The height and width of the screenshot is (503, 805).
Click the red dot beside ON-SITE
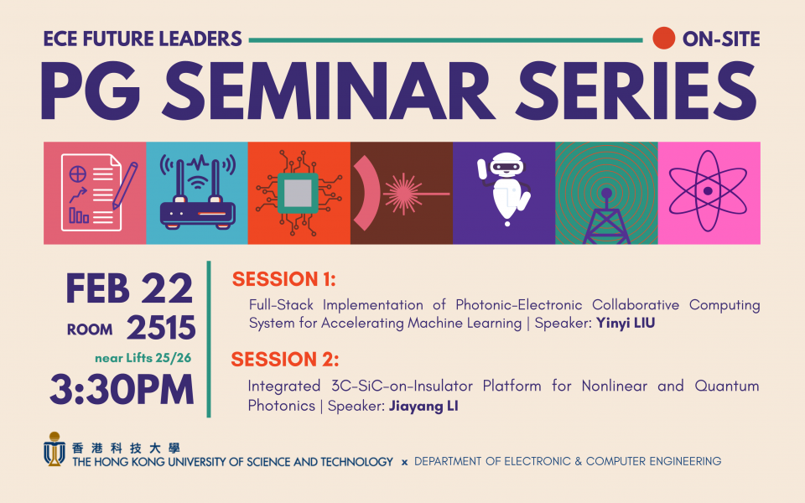click(x=663, y=39)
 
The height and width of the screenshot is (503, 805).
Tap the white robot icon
click(x=504, y=189)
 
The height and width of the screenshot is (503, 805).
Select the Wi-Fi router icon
click(x=198, y=192)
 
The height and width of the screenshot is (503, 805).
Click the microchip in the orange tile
click(x=298, y=193)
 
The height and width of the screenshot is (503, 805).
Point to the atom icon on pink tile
click(x=708, y=191)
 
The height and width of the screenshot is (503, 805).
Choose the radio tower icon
click(x=606, y=216)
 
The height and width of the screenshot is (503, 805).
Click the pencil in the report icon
click(x=125, y=185)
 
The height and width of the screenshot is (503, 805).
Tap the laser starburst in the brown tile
click(x=403, y=194)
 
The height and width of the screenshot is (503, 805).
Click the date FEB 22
click(x=129, y=288)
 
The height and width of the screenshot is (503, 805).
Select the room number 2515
click(x=161, y=328)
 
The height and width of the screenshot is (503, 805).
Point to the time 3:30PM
click(x=122, y=390)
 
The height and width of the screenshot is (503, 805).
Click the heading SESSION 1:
click(x=284, y=279)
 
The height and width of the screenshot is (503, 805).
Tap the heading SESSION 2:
click(x=285, y=360)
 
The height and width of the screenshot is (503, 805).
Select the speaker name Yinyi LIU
click(x=626, y=324)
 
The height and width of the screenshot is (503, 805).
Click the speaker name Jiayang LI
click(x=423, y=406)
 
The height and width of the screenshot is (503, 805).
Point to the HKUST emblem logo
click(x=55, y=449)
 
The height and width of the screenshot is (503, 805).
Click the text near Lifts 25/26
click(x=143, y=358)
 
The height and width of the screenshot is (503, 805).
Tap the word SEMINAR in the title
click(x=328, y=91)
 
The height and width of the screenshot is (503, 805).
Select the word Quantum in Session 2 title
click(x=727, y=386)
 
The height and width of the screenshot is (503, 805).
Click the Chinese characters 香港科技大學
click(x=126, y=448)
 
